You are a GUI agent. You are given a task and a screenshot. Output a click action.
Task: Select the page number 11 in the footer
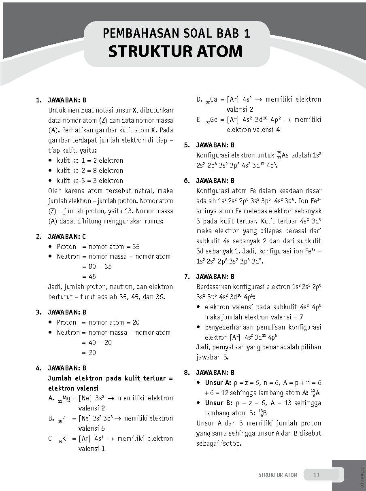click(x=317, y=475)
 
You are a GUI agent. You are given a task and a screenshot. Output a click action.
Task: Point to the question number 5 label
click(x=187, y=145)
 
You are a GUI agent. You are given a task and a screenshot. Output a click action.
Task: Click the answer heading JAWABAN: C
click(x=67, y=236)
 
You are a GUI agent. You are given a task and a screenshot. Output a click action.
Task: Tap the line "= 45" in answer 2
click(x=89, y=276)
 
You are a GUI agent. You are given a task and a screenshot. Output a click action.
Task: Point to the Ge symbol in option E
click(x=215, y=120)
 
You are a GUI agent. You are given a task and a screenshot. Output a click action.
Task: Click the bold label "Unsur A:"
click(x=218, y=383)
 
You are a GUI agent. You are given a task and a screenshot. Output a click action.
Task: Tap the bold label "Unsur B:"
click(x=218, y=403)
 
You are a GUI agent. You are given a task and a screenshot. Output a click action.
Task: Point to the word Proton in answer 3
click(x=66, y=322)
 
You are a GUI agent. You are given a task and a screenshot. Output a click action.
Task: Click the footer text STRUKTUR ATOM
click(x=278, y=475)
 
